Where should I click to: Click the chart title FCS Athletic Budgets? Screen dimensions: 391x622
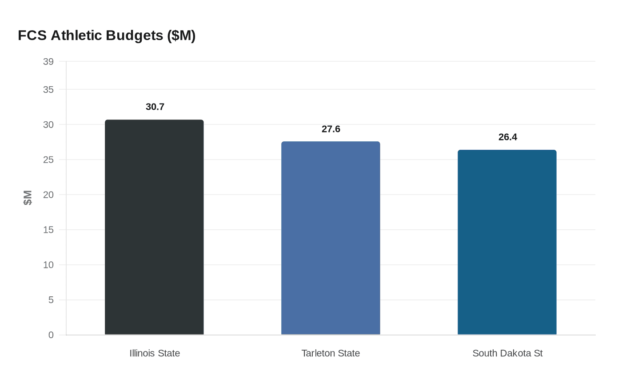107,35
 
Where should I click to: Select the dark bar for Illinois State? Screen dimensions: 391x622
154,227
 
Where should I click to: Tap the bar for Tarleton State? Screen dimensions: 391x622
331,238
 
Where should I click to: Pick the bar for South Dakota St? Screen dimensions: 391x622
507,242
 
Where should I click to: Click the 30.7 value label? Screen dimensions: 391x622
155,107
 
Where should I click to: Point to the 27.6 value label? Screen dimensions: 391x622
331,129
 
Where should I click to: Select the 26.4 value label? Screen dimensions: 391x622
508,137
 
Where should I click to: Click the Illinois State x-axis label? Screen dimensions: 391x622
155,353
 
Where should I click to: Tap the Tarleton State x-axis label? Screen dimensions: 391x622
331,353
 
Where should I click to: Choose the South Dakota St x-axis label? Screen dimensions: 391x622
507,353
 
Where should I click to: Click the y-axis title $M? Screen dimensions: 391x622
28,198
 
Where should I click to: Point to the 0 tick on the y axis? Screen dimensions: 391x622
51,335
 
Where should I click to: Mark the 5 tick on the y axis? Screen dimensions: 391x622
51,300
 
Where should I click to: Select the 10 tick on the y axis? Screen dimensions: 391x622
48,265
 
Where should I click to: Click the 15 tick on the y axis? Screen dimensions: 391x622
48,230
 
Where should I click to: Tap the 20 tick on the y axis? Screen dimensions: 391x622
48,195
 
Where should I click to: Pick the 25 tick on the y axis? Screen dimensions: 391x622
48,160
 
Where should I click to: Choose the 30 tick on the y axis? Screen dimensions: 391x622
48,125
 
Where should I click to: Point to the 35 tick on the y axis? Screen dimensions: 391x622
48,90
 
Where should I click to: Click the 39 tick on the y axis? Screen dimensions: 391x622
48,62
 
